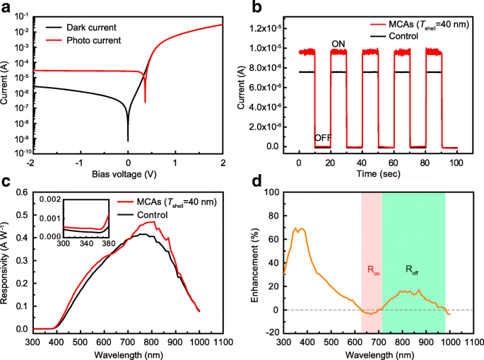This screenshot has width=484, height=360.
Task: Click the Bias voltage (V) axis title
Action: (128, 174)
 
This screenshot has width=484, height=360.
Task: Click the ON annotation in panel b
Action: (338, 45)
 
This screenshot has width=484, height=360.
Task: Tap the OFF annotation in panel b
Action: (323, 137)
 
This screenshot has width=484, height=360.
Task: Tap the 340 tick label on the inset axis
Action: (86, 243)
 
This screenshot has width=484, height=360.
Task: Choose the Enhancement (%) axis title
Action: (254, 264)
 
